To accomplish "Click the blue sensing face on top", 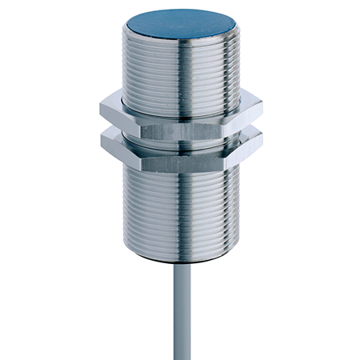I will click(179, 26).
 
